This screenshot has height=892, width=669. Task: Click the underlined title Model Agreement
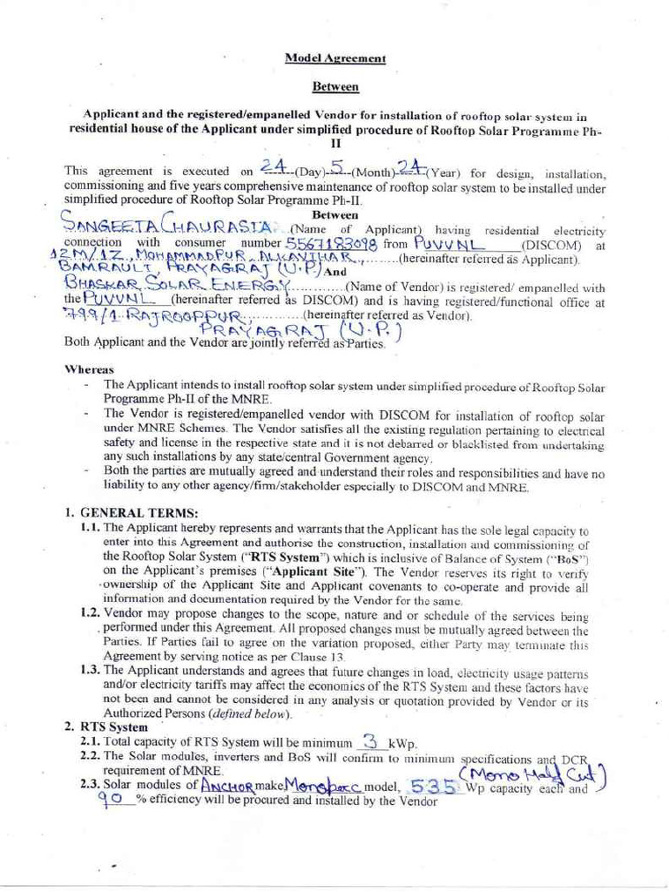point(335,58)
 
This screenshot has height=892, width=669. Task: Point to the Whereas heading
point(84,369)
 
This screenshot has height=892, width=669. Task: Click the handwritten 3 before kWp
point(372,741)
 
